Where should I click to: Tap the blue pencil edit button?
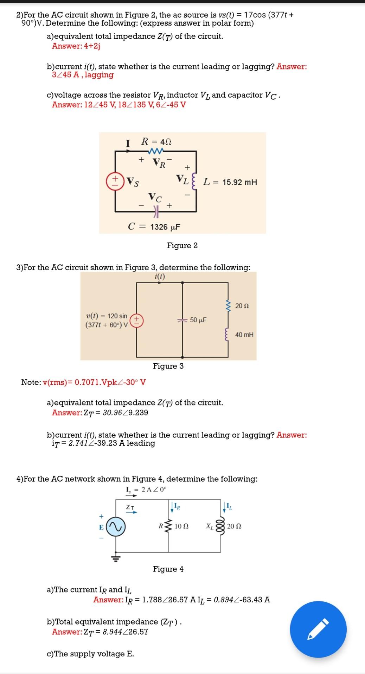pos(318,629)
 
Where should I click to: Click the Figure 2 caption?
pos(182,245)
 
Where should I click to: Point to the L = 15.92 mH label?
pos(230,182)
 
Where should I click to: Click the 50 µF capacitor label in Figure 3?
pos(198,320)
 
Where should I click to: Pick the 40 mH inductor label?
pos(244,335)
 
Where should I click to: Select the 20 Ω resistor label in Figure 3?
pos(242,306)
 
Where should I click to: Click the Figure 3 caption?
pos(168,366)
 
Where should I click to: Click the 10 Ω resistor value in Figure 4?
pos(181,526)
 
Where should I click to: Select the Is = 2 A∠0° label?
pos(146,489)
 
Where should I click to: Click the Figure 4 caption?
pos(168,569)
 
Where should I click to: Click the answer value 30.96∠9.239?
pos(125,412)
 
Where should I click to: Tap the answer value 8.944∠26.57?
pos(125,632)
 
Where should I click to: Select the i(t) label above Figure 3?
pos(160,276)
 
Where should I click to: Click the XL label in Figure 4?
pos(210,526)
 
